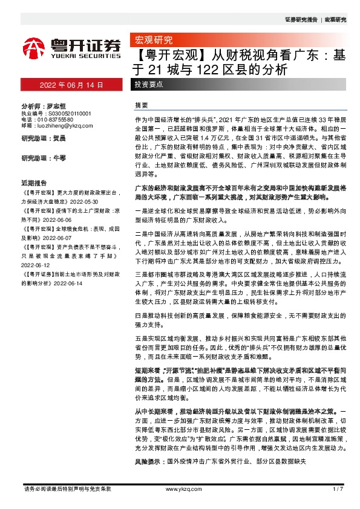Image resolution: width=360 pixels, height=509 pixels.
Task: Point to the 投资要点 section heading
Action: point(148,85)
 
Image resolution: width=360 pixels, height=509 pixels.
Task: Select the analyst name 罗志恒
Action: point(56,105)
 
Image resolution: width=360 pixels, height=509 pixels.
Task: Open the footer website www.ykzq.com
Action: point(180,488)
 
